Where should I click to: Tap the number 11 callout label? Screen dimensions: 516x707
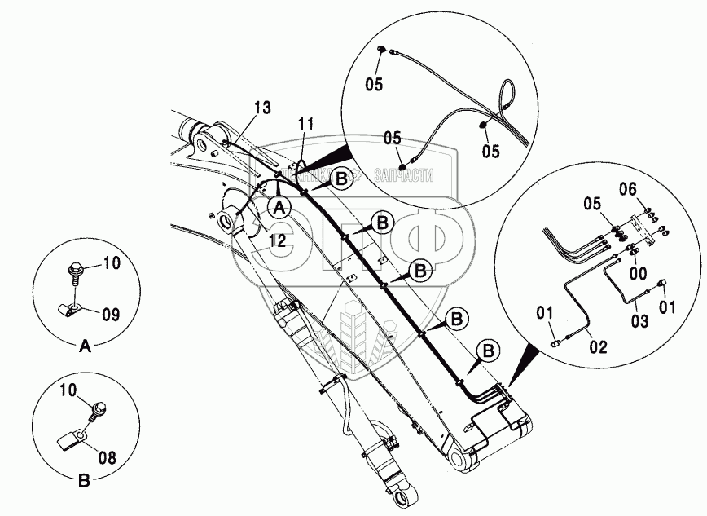305,124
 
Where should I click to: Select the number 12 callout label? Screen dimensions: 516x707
278,240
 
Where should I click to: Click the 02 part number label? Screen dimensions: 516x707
598,347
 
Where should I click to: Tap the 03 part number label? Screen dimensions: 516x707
640,322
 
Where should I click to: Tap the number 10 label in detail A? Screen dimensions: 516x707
111,262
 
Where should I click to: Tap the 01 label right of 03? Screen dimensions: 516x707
666,307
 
